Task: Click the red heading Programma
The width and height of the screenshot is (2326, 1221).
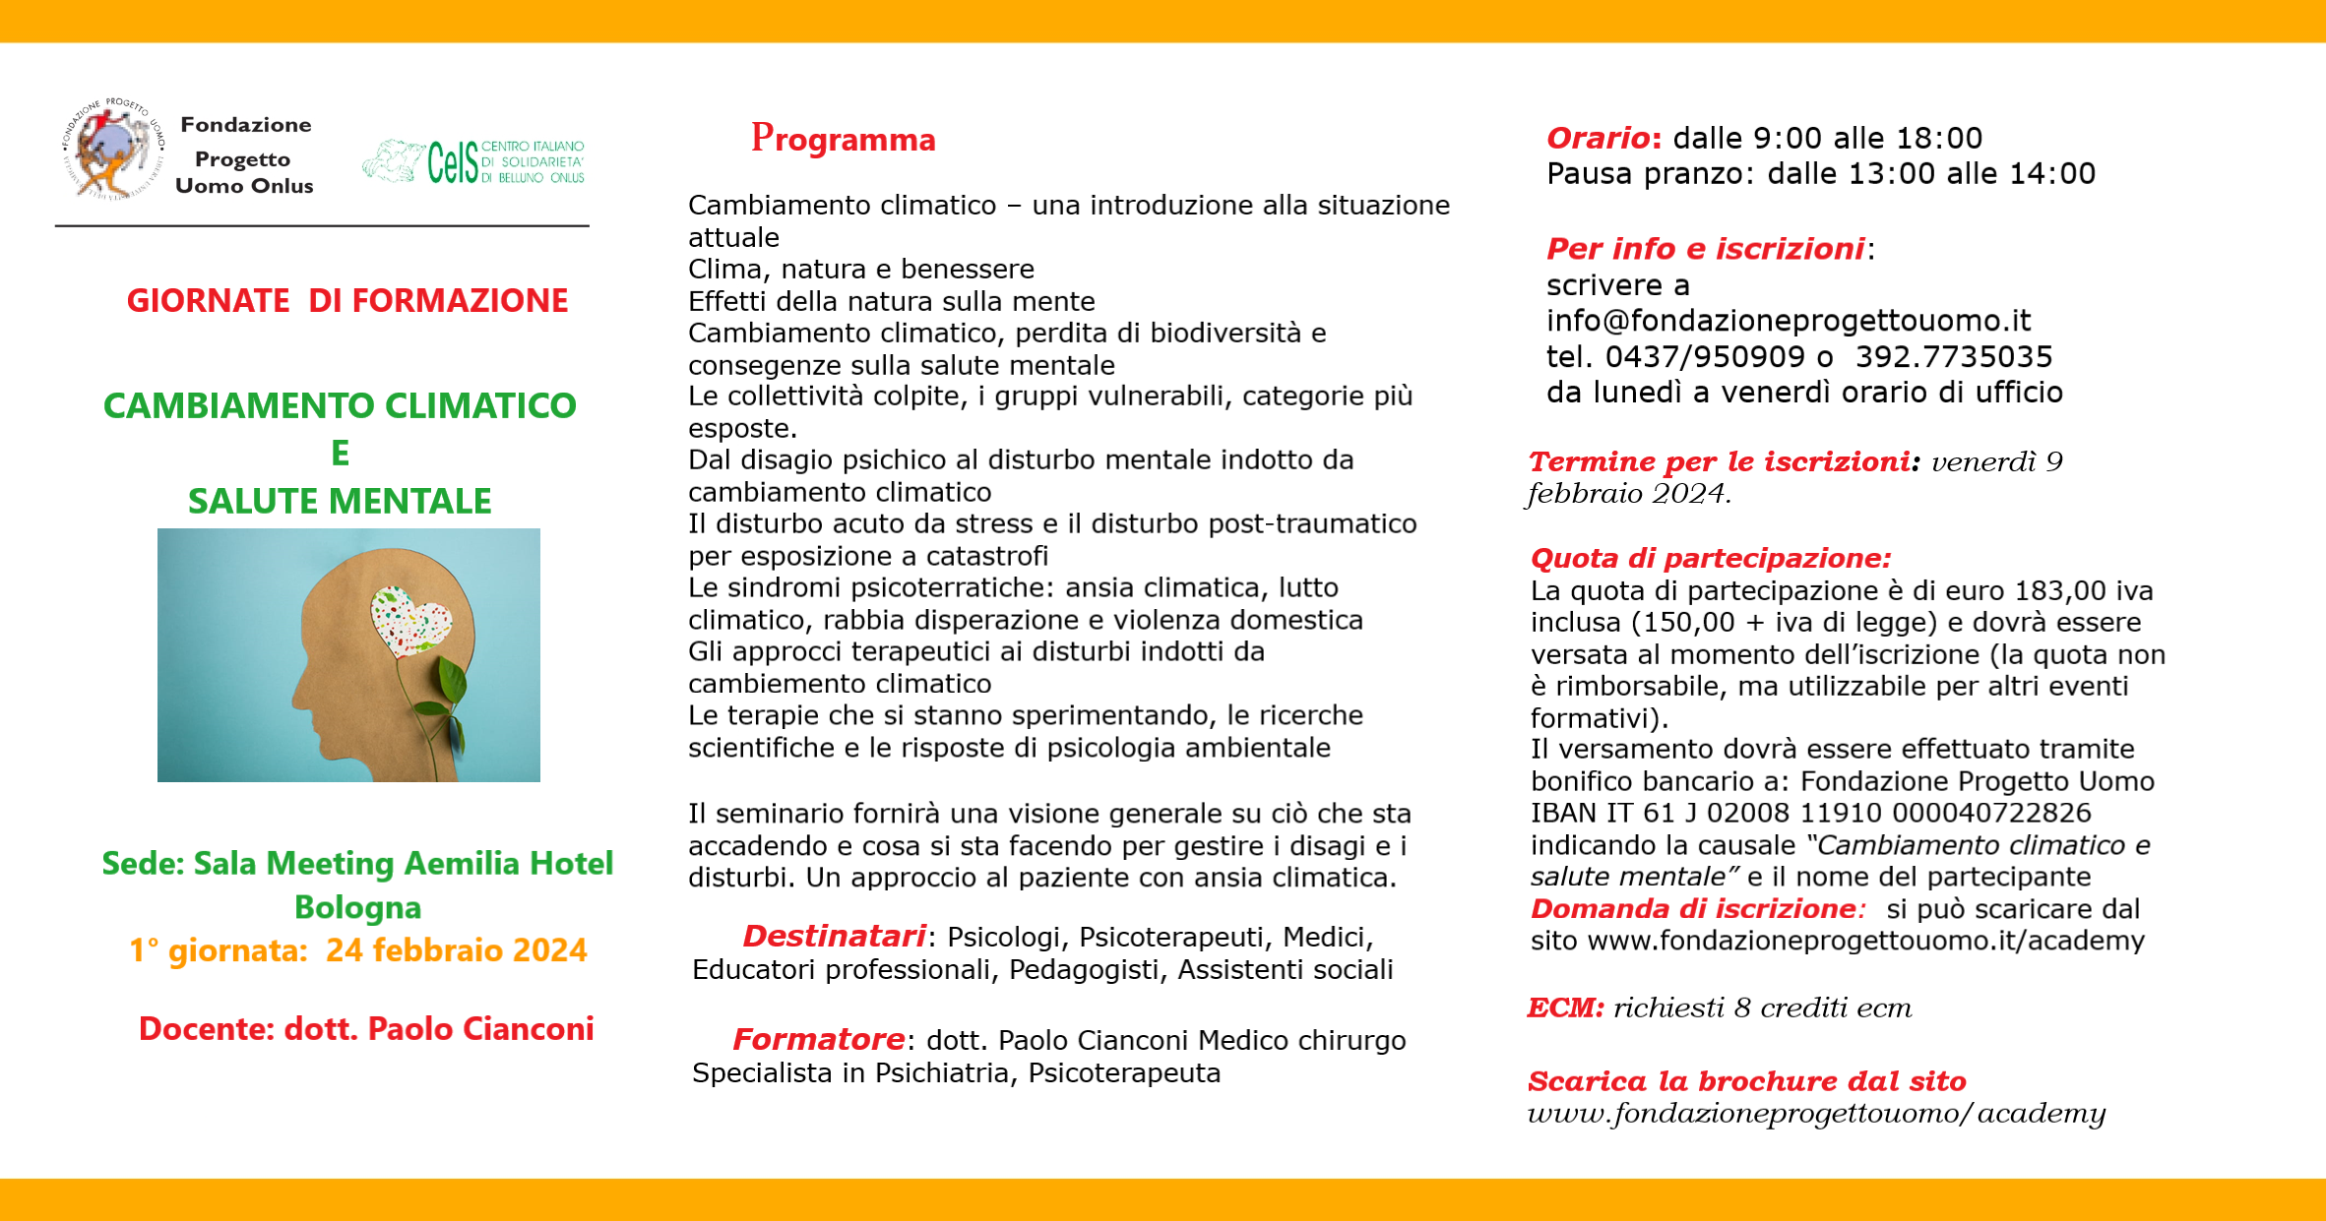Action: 843,139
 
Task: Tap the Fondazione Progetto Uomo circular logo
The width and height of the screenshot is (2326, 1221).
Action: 111,150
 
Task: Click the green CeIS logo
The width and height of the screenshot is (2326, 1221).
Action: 473,162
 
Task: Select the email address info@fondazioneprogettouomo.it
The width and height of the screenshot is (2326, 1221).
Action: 1788,321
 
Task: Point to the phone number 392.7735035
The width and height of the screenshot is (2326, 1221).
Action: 1953,356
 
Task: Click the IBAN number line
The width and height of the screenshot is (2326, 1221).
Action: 1810,813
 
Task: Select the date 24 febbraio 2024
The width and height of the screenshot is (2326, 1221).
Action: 456,950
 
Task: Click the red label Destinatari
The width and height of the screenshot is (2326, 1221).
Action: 834,936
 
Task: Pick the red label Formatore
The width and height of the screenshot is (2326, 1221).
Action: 818,1039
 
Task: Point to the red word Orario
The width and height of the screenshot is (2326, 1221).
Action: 1598,138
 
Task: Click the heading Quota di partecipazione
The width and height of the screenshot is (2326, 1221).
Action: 1710,558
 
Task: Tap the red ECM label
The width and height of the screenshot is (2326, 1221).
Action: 1565,1007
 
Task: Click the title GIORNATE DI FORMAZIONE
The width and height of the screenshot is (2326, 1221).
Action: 347,300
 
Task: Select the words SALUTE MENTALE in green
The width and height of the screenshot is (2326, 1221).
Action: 340,501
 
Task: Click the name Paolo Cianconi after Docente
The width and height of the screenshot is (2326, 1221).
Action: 480,1029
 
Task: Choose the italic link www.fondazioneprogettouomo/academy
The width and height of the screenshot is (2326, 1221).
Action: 1816,1113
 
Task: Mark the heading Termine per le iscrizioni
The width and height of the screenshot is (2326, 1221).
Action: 1719,461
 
